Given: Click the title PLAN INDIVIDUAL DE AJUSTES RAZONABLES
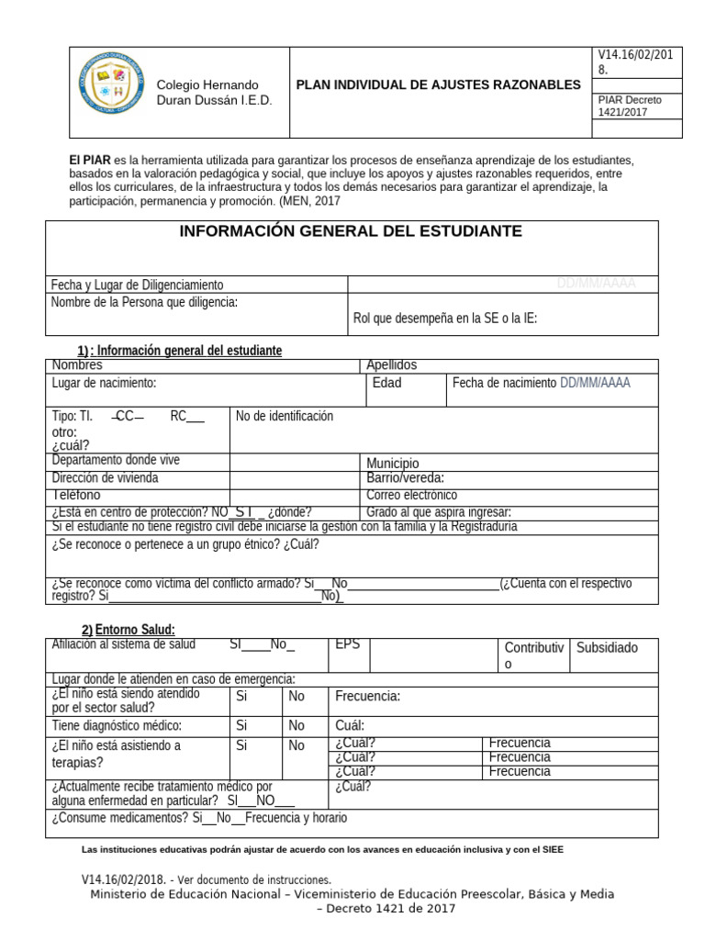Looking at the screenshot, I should point(438,84).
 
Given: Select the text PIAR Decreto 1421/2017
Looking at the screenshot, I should point(629,106).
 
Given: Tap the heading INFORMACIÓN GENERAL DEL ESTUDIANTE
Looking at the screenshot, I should point(352,231).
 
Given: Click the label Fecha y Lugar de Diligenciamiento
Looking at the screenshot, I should point(137,285).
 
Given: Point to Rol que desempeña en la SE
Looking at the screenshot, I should point(445,319).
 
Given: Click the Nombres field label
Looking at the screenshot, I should point(77,365).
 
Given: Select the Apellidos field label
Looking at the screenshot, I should point(392,365).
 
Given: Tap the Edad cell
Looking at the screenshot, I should point(386,383).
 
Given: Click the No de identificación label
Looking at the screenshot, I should point(284,416).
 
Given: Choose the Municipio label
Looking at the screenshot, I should point(393,464).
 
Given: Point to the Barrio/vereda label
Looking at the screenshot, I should point(406,478).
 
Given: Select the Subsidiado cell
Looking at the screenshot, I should point(607,648).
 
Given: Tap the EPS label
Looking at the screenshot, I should point(348,644).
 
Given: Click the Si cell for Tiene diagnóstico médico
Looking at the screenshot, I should point(243,725).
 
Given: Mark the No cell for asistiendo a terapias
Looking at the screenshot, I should point(297,745).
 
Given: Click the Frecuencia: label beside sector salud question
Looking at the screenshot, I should point(367,697).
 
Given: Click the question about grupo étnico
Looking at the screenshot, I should point(185,544).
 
